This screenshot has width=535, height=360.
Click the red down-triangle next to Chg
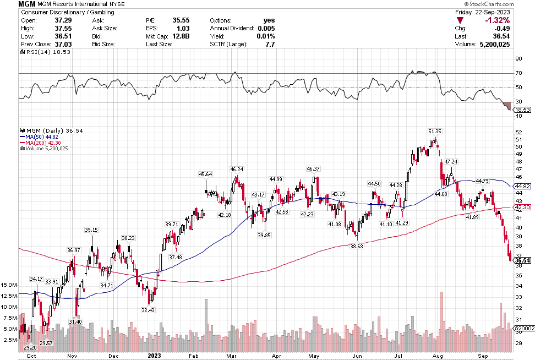tap(460, 20)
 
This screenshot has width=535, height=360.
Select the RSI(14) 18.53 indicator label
tap(41, 52)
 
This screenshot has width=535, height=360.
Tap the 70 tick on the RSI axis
tap(518, 73)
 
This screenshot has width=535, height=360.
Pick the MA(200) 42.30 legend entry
tap(39, 142)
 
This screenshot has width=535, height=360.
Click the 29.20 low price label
tap(30, 348)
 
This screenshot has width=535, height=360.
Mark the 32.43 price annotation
tap(148, 310)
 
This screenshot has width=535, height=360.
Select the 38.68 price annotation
tap(357, 246)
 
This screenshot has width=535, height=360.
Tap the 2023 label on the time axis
tap(155, 355)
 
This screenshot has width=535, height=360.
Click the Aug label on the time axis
tap(438, 355)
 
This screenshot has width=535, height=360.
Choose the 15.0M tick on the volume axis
tap(10, 285)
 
